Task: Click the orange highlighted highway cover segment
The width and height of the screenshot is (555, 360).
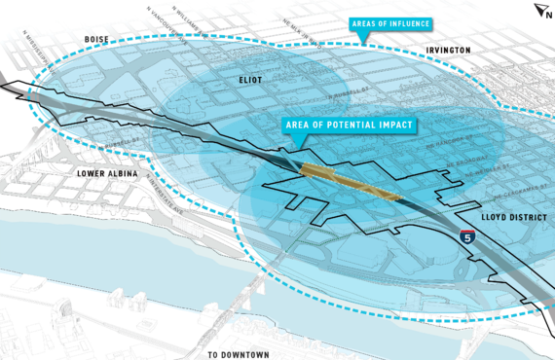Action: point(351,182)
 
